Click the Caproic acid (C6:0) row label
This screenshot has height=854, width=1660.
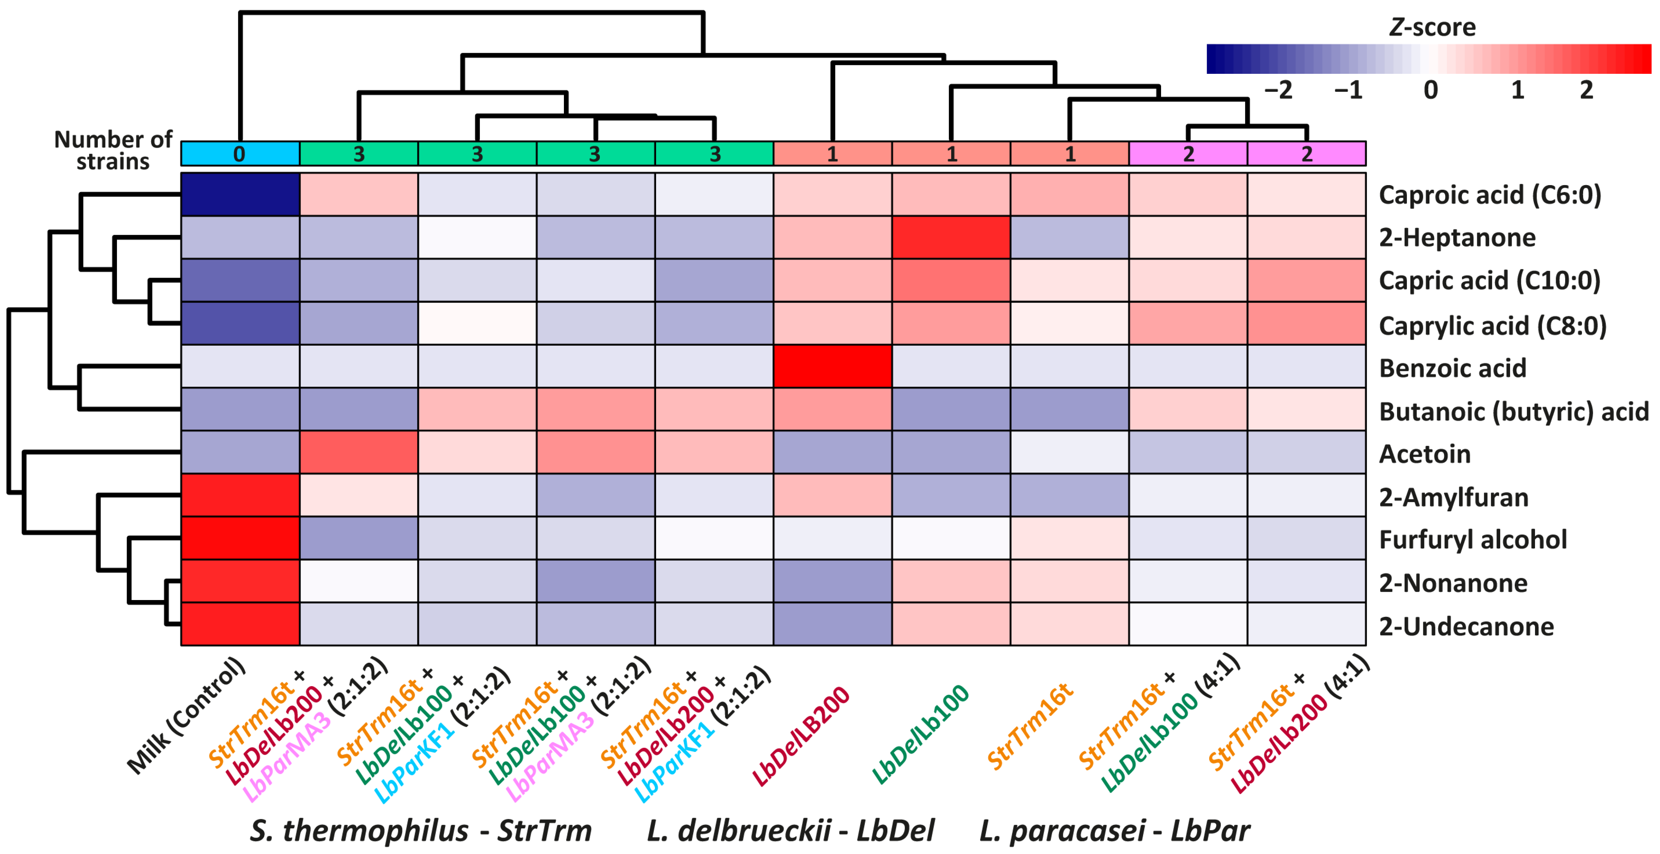pos(1489,195)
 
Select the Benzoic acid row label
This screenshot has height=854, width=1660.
pos(1452,368)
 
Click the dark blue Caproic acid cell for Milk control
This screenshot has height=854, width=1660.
pos(240,194)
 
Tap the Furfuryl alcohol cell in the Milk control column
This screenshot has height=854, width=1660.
pos(240,538)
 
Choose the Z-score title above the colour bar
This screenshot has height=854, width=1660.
pos(1431,27)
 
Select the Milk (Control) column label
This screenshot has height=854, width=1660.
pos(187,716)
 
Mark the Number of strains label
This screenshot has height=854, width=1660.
pos(113,150)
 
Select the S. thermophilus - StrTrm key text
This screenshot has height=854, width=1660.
pos(420,830)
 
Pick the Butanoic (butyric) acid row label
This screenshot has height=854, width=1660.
pos(1513,411)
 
